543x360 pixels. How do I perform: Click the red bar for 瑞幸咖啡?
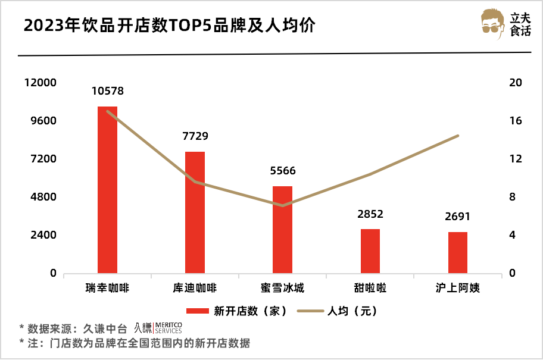(108, 190)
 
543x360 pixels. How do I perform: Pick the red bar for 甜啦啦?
(370, 251)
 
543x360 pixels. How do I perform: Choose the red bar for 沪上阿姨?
(457, 252)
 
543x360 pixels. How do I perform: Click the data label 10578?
(108, 91)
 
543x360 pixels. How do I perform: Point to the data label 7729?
(195, 136)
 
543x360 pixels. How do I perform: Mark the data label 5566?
(282, 171)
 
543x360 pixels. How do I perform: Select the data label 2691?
(457, 217)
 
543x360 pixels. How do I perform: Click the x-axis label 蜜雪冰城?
(282, 289)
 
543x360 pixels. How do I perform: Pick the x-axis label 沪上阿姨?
(457, 289)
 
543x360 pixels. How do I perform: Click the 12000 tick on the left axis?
(41, 83)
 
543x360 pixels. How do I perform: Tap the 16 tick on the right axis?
(516, 121)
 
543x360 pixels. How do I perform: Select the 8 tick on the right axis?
(513, 197)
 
